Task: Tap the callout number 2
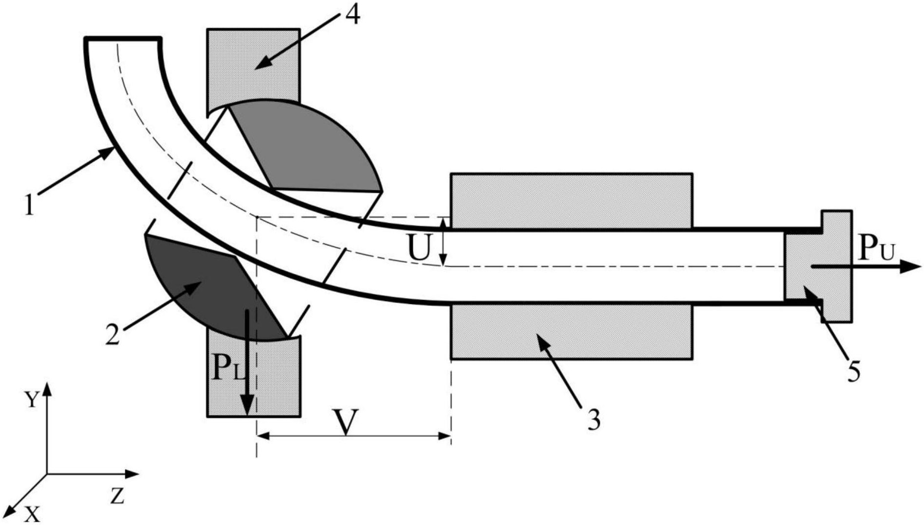[112, 334]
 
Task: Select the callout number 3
[593, 419]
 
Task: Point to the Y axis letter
[32, 400]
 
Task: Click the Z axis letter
[117, 496]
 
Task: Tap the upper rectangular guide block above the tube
[572, 200]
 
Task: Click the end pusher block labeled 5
[818, 266]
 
